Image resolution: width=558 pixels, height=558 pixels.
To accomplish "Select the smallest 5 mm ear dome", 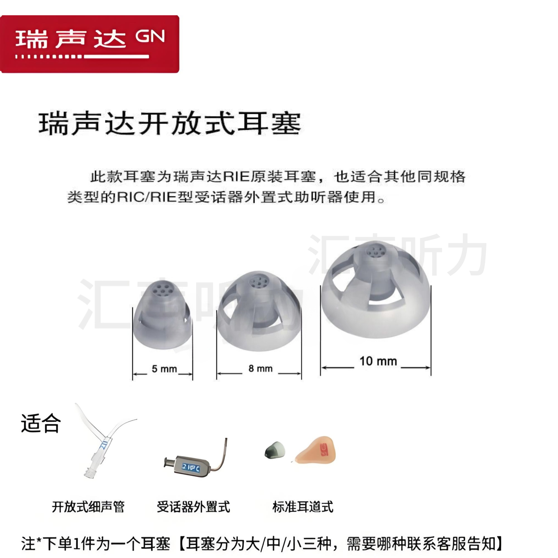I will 162,318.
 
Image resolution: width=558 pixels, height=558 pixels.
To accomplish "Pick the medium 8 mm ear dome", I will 259,313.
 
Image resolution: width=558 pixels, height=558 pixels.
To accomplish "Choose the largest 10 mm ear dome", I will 375,292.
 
